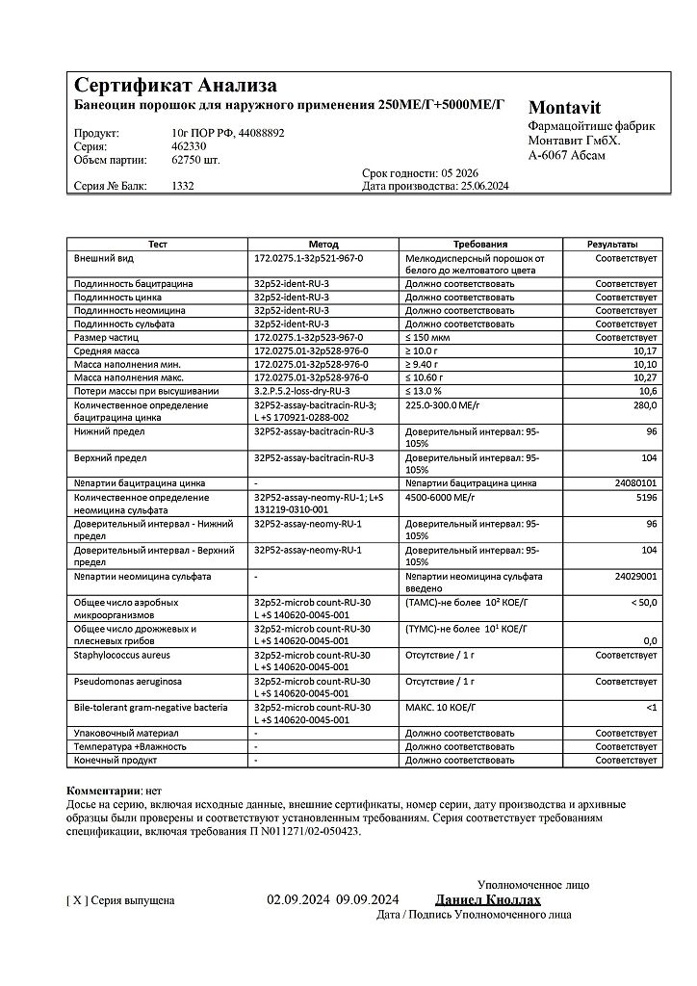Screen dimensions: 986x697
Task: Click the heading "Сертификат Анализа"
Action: (176, 85)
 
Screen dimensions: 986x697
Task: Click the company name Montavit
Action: (564, 108)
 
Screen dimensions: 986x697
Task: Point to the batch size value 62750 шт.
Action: (195, 159)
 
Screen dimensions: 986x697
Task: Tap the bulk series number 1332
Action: (183, 186)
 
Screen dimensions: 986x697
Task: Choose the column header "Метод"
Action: (323, 245)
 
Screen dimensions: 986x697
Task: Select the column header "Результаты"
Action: (612, 245)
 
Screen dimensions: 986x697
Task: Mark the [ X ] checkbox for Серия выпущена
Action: (77, 901)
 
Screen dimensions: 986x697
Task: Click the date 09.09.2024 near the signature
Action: (368, 900)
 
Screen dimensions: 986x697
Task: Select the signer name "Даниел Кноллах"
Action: (488, 900)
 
